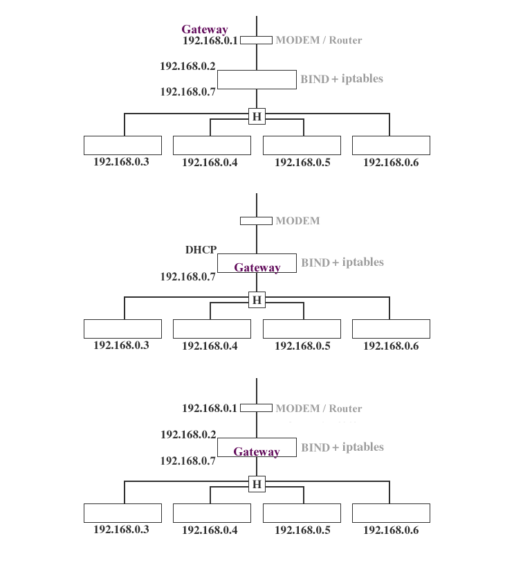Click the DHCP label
point(201,250)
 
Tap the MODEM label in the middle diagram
point(297,221)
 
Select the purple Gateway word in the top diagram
point(205,30)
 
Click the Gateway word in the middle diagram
point(257,268)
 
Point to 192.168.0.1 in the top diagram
point(210,40)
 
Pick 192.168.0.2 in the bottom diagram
point(188,435)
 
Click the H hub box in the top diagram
point(257,116)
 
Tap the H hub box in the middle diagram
point(257,300)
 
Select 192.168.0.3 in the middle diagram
point(121,345)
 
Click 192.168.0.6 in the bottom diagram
point(391,530)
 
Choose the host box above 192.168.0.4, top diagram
point(212,145)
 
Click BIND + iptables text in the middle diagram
point(342,263)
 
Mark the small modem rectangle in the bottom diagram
point(256,408)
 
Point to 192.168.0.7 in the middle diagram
point(188,277)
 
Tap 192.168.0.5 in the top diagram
point(302,163)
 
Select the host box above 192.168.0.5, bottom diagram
point(302,513)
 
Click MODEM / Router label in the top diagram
point(318,40)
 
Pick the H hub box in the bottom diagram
point(257,484)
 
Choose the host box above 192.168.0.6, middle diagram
point(391,329)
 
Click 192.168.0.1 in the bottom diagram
point(210,409)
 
